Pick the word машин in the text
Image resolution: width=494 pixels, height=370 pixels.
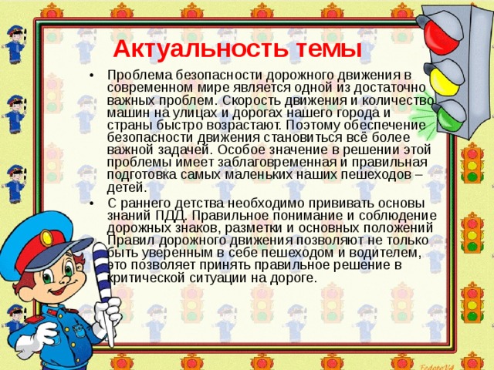coord(126,112)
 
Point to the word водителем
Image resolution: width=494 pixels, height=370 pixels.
coord(382,253)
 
